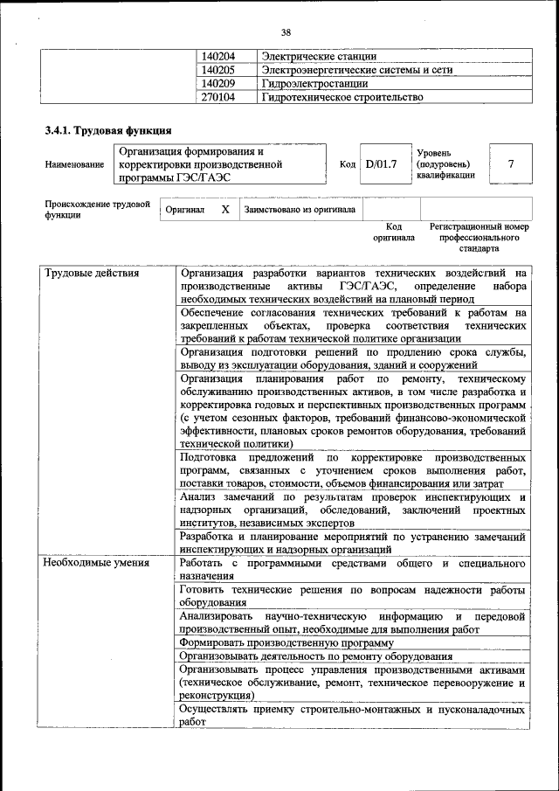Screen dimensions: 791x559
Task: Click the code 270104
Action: pyautogui.click(x=218, y=98)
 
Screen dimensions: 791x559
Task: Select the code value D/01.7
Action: pyautogui.click(x=382, y=163)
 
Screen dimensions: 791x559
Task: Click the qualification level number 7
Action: pyautogui.click(x=510, y=163)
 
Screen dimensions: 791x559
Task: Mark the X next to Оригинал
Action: pyautogui.click(x=224, y=210)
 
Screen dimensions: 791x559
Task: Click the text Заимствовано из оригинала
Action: pyautogui.click(x=300, y=210)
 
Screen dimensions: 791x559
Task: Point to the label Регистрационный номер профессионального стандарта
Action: pyautogui.click(x=480, y=237)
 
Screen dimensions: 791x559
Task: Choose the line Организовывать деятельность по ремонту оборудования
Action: pyautogui.click(x=315, y=656)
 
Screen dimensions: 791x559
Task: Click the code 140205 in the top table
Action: pyautogui.click(x=218, y=70)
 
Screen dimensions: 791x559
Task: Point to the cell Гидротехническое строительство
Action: pyautogui.click(x=342, y=98)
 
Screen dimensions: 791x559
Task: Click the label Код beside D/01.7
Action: pyautogui.click(x=347, y=164)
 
